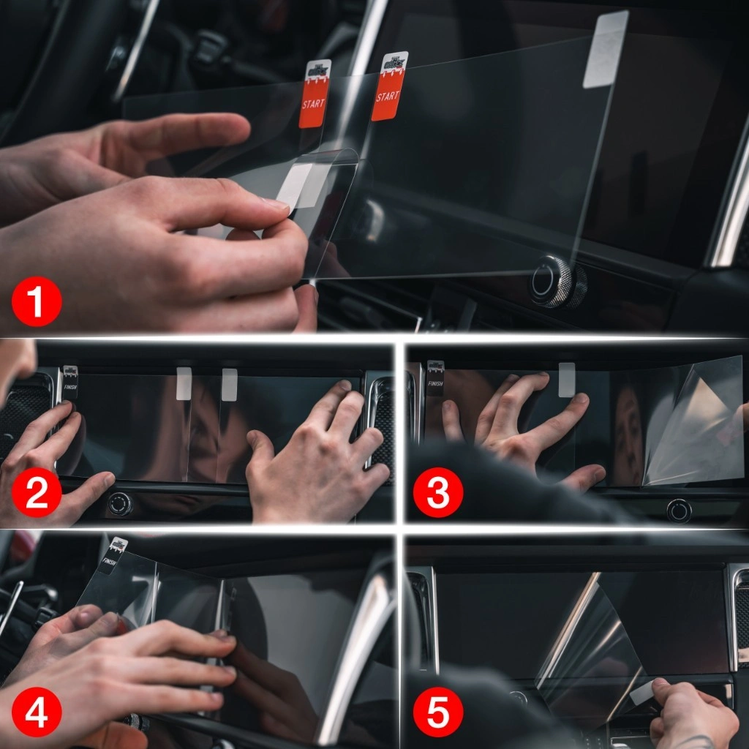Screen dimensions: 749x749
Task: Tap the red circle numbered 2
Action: [35, 494]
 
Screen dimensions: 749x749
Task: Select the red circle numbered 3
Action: [437, 494]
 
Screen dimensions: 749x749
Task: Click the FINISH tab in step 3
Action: [435, 377]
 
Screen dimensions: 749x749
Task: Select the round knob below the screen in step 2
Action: [120, 503]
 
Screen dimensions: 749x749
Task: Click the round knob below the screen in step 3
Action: [678, 510]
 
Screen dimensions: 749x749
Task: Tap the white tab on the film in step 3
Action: [566, 379]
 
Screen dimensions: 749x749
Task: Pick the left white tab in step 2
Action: [184, 383]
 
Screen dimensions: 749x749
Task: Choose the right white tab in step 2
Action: [229, 384]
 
